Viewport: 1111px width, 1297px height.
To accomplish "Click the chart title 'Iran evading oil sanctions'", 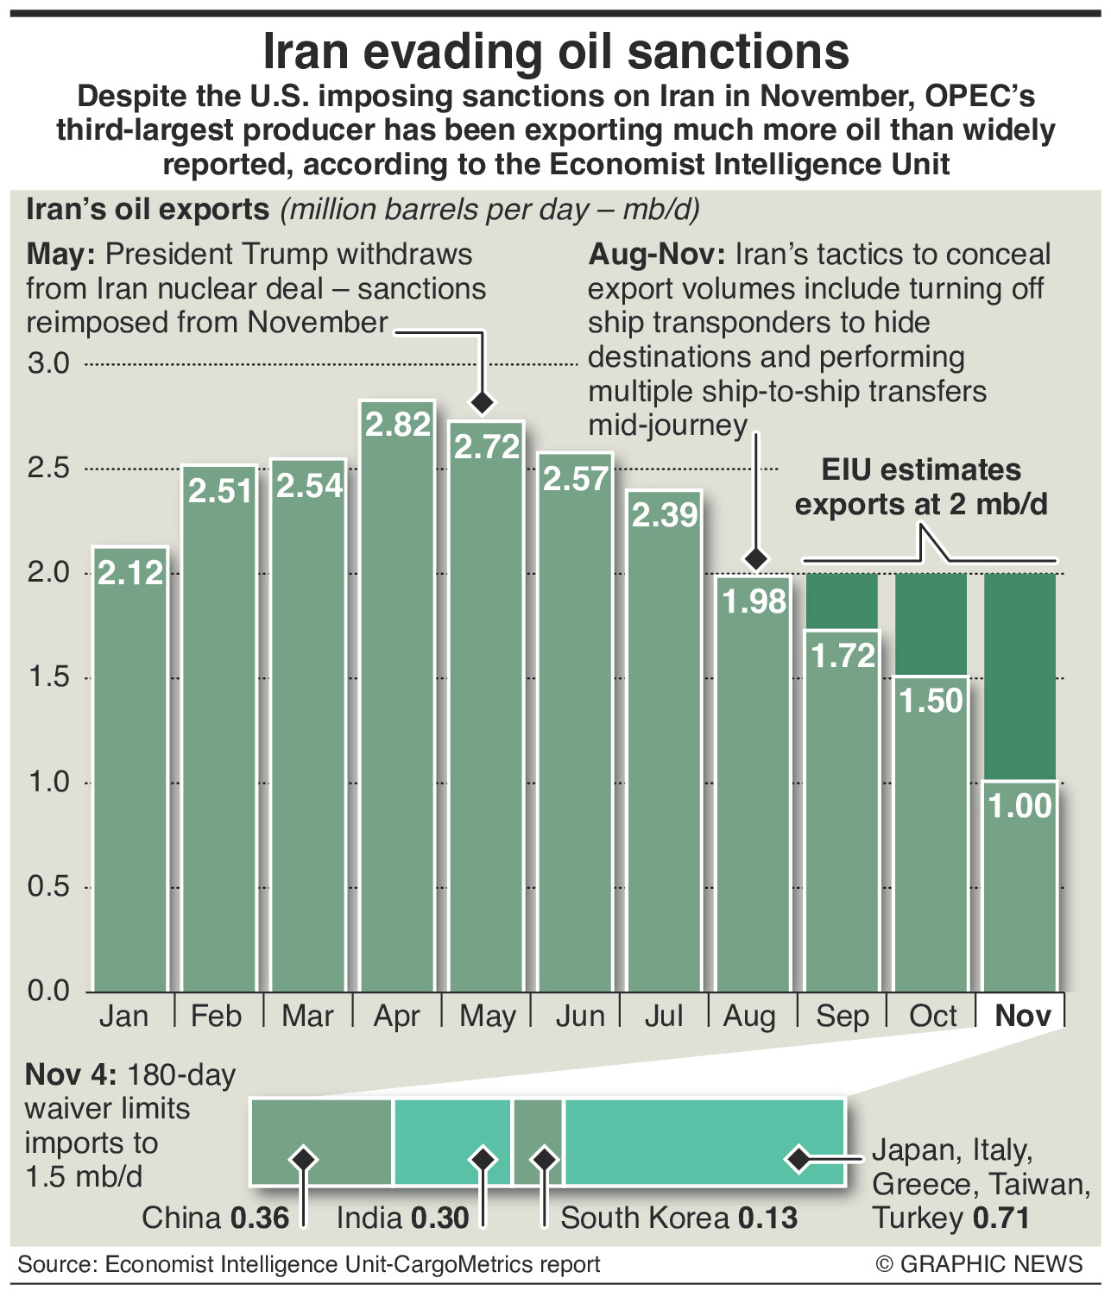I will point(555,52).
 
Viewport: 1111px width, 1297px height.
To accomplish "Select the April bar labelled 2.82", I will point(397,690).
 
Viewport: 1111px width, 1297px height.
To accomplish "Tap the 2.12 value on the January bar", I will point(130,573).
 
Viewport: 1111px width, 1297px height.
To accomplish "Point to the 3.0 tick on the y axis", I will point(49,363).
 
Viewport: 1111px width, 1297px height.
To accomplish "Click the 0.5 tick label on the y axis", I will point(49,886).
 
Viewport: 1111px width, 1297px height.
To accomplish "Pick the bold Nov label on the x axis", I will point(1023,1016).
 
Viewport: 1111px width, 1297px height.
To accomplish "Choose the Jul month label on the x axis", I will point(664,1016).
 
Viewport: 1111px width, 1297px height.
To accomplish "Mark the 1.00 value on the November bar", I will point(1020,806).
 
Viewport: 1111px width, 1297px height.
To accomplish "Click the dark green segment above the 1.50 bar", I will point(931,624).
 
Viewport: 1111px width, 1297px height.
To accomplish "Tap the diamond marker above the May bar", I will point(482,402).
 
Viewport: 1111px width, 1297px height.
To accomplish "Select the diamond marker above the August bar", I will point(756,558).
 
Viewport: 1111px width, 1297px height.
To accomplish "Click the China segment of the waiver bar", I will point(322,1142).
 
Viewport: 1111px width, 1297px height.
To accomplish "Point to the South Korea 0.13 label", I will point(679,1218).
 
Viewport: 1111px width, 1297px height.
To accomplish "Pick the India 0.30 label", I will point(402,1218).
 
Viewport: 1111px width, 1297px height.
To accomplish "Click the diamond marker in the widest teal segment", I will point(799,1159).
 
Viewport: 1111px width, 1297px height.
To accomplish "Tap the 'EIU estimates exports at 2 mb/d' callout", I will point(921,487).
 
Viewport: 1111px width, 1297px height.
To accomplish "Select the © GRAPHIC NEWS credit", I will point(979,1264).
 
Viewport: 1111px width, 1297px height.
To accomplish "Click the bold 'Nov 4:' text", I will point(71,1074).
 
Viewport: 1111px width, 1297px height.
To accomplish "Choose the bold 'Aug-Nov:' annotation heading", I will point(657,255).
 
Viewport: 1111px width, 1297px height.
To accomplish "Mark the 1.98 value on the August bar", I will point(754,601).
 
